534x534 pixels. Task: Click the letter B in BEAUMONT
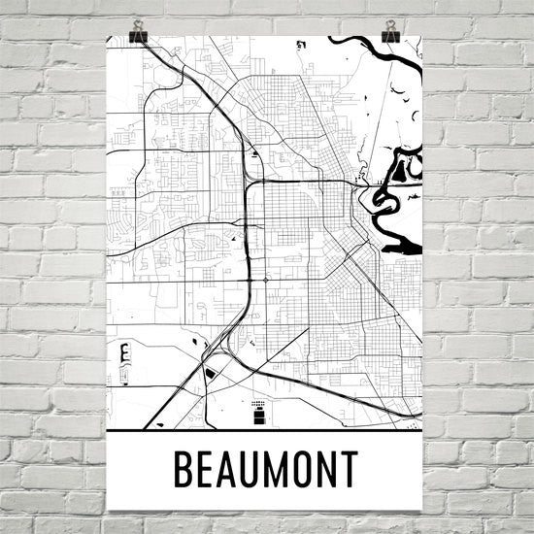click(x=182, y=469)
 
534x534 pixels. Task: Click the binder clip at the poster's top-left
click(x=137, y=33)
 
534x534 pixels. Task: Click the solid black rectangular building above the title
click(x=259, y=417)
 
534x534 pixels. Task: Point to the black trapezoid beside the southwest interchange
click(x=211, y=374)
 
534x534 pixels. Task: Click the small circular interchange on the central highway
click(x=265, y=281)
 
